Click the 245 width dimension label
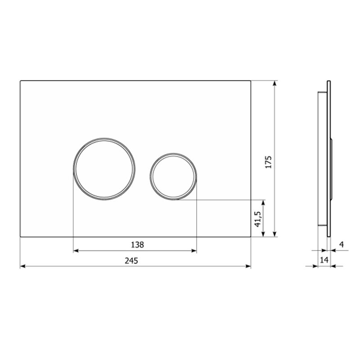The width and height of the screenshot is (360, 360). [x=131, y=261]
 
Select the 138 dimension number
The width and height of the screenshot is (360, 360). [x=137, y=245]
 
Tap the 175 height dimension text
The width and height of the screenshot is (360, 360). [x=268, y=162]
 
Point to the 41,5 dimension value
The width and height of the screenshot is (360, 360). [x=257, y=219]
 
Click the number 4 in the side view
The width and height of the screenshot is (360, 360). [x=342, y=244]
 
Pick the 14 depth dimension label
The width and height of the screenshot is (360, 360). [x=324, y=260]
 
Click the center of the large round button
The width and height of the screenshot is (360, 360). [x=104, y=169]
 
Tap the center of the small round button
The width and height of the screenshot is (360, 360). [x=173, y=176]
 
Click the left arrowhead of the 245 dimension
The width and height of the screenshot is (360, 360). [x=23, y=266]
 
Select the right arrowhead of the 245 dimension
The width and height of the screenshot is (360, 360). [x=248, y=266]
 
